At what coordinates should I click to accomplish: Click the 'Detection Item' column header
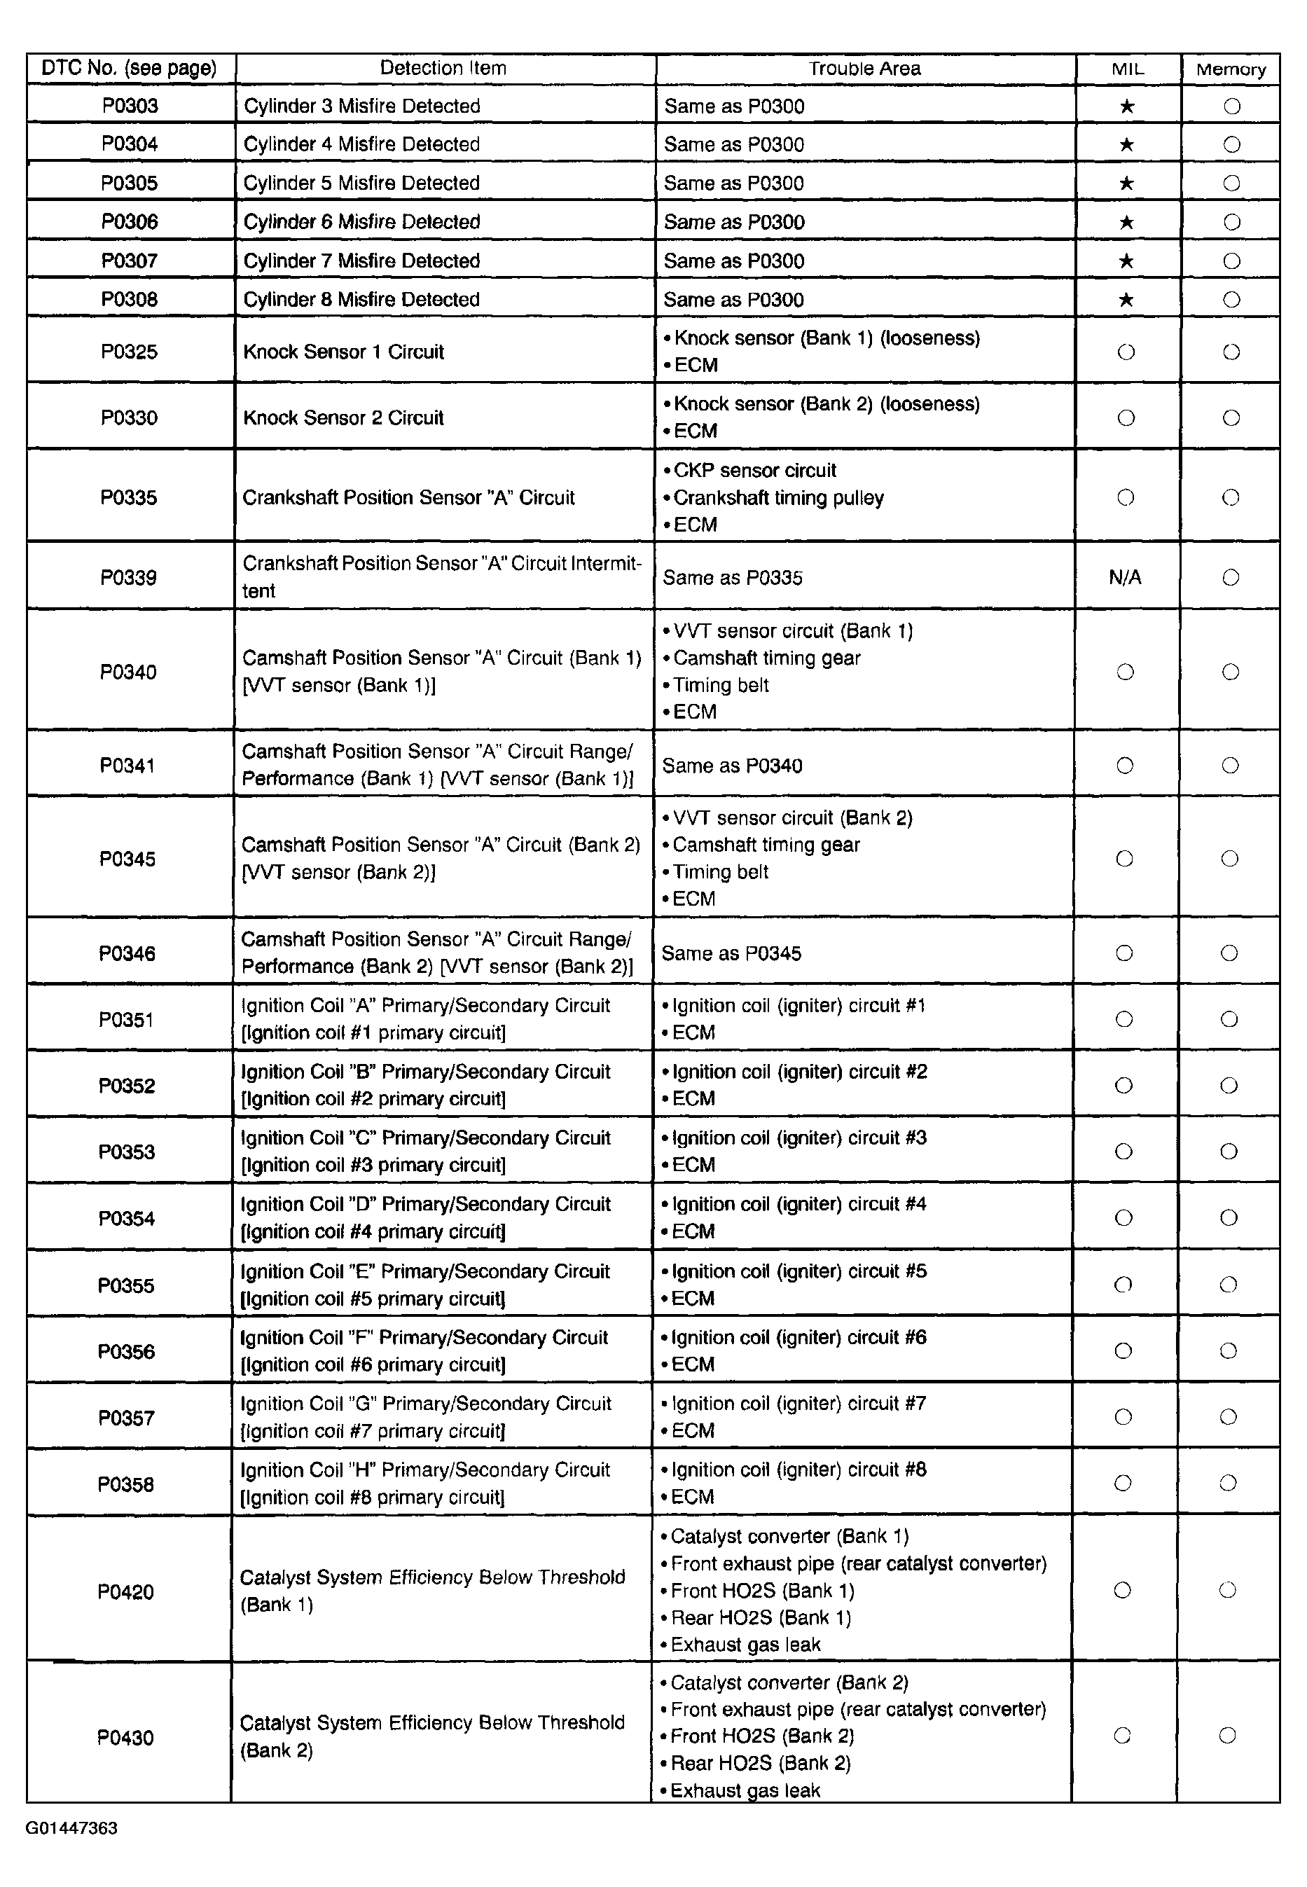click(443, 68)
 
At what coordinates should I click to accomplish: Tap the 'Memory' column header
click(1230, 69)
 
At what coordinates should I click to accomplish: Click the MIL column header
click(1127, 69)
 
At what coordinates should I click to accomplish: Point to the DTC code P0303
click(130, 106)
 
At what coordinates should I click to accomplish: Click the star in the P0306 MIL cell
click(1126, 222)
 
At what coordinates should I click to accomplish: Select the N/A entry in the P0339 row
click(1124, 577)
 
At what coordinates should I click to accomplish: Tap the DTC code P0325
click(130, 352)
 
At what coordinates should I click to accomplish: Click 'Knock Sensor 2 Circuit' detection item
click(343, 417)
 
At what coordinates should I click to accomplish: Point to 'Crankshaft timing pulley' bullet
click(778, 498)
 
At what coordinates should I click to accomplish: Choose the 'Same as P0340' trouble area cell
click(732, 766)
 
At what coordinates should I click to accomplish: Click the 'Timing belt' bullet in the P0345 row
click(720, 871)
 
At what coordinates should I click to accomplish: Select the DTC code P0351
click(127, 1020)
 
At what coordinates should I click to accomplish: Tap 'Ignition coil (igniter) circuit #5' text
click(798, 1271)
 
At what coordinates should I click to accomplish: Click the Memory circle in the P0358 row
click(1228, 1484)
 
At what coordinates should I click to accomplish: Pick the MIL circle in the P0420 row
click(1123, 1590)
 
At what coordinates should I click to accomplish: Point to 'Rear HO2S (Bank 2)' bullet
click(760, 1762)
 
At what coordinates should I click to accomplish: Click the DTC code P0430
click(125, 1737)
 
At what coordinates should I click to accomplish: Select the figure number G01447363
click(71, 1828)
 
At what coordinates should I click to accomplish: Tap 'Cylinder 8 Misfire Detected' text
click(361, 300)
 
